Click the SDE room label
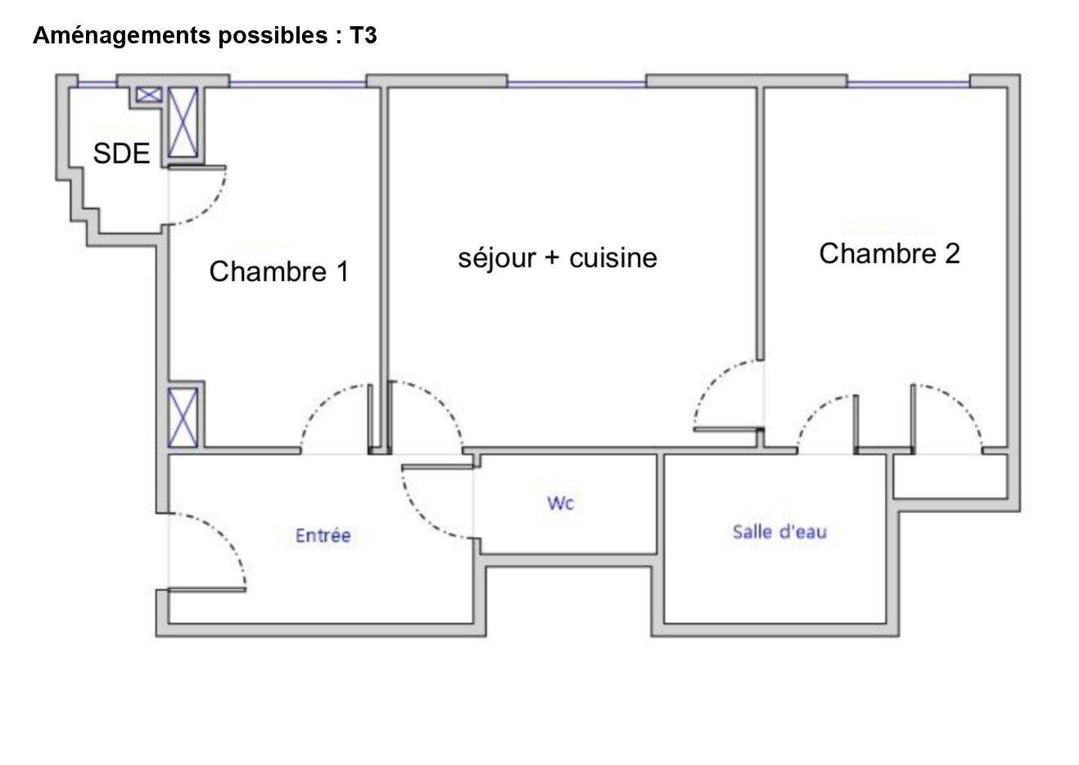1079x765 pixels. coord(121,153)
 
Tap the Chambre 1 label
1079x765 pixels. coord(279,271)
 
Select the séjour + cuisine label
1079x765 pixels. coord(558,258)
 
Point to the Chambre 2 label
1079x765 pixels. coord(889,254)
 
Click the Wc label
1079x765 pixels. coord(561,503)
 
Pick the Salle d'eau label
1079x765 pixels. coord(780,532)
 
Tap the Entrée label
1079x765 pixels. coord(323,535)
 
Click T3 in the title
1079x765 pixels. coord(363,35)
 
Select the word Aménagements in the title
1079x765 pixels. coord(122,36)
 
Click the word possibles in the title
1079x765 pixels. coord(273,36)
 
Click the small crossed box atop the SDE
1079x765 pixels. coord(149,95)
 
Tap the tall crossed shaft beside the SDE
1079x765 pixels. coord(183,122)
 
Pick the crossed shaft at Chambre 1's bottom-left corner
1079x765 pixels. coord(183,418)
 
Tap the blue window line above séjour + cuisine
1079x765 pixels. coord(576,84)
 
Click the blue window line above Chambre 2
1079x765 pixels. coord(909,84)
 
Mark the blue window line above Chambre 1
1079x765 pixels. coord(298,84)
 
